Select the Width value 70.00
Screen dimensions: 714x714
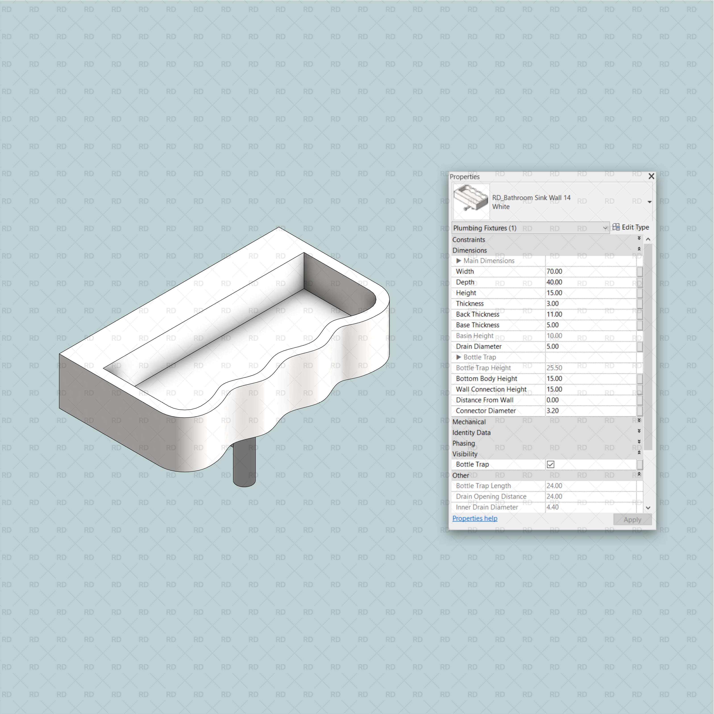tap(554, 271)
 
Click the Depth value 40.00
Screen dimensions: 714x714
tap(554, 282)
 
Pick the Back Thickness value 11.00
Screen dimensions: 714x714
tap(554, 314)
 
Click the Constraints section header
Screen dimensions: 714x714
tap(469, 239)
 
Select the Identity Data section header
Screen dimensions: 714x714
tap(471, 432)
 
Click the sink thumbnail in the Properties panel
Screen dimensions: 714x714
tap(471, 201)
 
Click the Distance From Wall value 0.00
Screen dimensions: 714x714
tap(552, 400)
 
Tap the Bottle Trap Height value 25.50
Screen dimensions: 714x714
tap(554, 368)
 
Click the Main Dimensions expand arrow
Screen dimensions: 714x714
tap(459, 261)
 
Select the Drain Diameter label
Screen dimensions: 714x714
tap(479, 346)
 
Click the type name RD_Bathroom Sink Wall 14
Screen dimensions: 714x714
tap(531, 198)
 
